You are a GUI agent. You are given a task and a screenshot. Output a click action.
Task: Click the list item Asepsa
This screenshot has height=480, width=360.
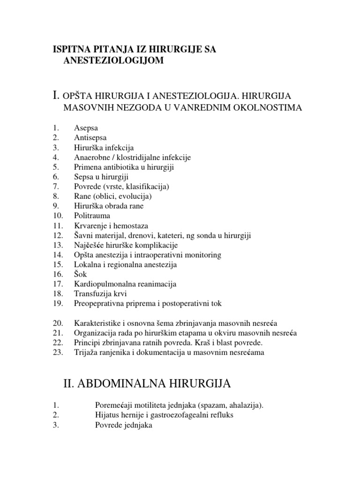point(85,127)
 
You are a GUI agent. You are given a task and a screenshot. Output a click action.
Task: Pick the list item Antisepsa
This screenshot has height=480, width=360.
point(90,137)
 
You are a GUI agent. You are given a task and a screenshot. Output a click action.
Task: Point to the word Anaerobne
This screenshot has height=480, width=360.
point(91,157)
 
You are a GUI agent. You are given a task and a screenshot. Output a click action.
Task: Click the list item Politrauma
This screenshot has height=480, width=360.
point(92,216)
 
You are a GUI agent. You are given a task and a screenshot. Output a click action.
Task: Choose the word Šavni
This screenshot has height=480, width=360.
point(83,236)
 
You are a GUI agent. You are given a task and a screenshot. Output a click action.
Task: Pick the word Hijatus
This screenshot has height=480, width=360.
point(106,415)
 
